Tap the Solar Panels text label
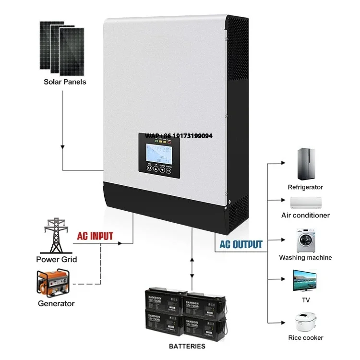[x=65, y=82]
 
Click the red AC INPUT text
[x=96, y=236]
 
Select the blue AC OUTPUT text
[x=241, y=244]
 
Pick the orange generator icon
[x=53, y=283]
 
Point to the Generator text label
[x=56, y=303]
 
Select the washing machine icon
[x=305, y=239]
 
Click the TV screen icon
[x=305, y=281]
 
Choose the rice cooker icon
[x=305, y=321]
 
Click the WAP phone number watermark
[x=179, y=136]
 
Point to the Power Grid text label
[x=56, y=260]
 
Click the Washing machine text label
[x=305, y=258]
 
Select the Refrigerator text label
[x=305, y=187]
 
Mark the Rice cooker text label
[x=305, y=338]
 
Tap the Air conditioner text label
[x=305, y=216]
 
